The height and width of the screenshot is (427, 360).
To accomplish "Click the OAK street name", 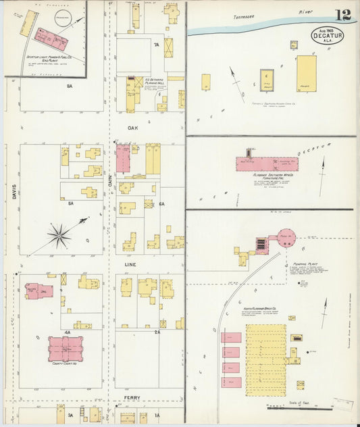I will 132,127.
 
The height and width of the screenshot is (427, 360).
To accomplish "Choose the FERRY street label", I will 132,399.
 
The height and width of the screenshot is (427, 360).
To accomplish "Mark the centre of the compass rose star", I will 59,235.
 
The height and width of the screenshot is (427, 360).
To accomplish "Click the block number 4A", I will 67,332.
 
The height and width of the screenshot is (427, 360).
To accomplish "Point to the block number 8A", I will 69,86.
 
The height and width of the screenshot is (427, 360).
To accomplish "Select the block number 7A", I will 155,45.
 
